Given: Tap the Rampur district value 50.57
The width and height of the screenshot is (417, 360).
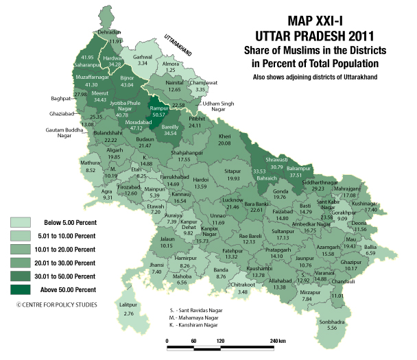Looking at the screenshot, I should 159,115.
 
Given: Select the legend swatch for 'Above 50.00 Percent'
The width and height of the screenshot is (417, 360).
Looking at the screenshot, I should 20,290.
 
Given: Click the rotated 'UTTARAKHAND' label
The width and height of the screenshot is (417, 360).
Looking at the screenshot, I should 181,45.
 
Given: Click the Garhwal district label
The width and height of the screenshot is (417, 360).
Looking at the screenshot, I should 142,55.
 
